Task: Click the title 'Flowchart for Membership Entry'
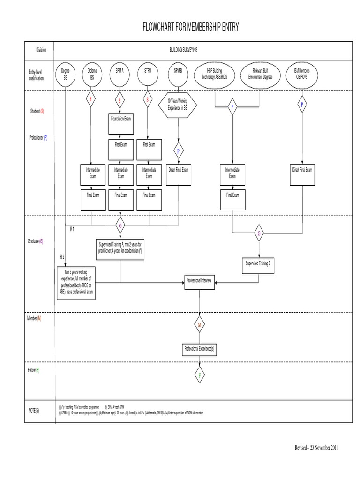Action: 191,28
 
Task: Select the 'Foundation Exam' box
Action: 121,119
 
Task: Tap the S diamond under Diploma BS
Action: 91,100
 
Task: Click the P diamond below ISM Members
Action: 302,105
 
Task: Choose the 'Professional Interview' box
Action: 199,280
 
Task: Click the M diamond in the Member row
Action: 200,324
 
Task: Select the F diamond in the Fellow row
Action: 200,375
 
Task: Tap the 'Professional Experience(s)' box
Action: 200,349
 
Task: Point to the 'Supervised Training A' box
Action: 121,247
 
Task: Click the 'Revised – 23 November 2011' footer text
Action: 313,447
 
